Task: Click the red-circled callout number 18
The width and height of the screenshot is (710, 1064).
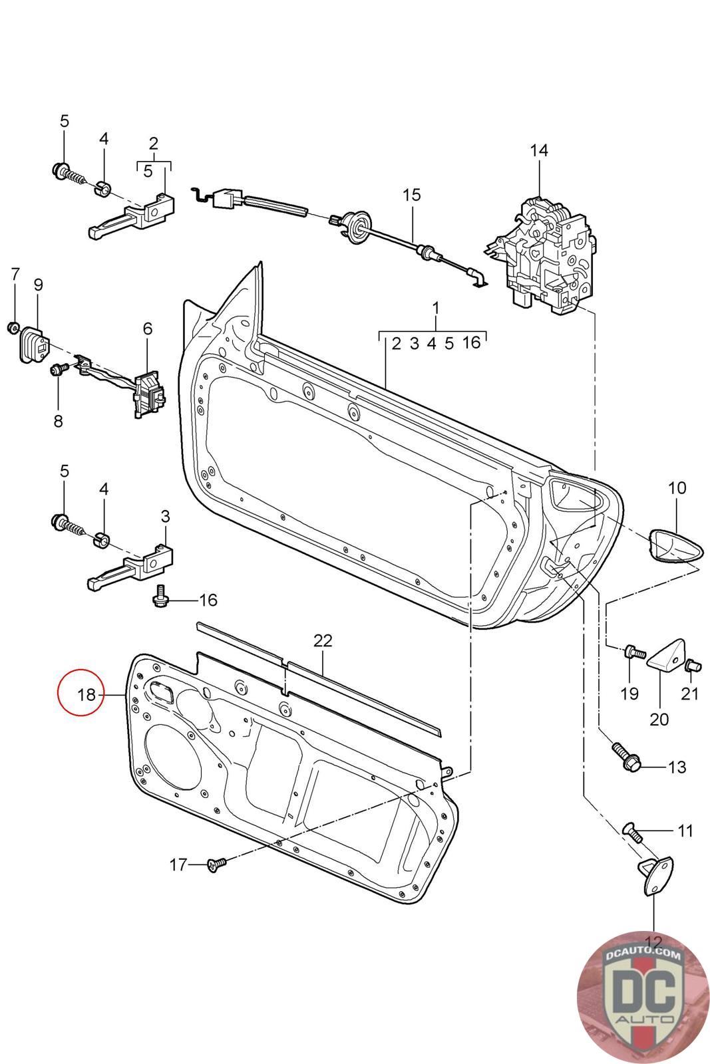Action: tap(87, 695)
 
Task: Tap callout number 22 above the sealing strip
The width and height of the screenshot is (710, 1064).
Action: tap(323, 641)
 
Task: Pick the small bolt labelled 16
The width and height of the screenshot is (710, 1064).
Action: tap(160, 595)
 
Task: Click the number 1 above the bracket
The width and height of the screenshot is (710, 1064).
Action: tap(436, 309)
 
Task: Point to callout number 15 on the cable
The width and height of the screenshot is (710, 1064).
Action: tap(411, 195)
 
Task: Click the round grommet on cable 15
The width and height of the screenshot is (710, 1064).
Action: tap(357, 227)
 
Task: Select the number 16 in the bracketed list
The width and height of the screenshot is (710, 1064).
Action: tap(471, 342)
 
